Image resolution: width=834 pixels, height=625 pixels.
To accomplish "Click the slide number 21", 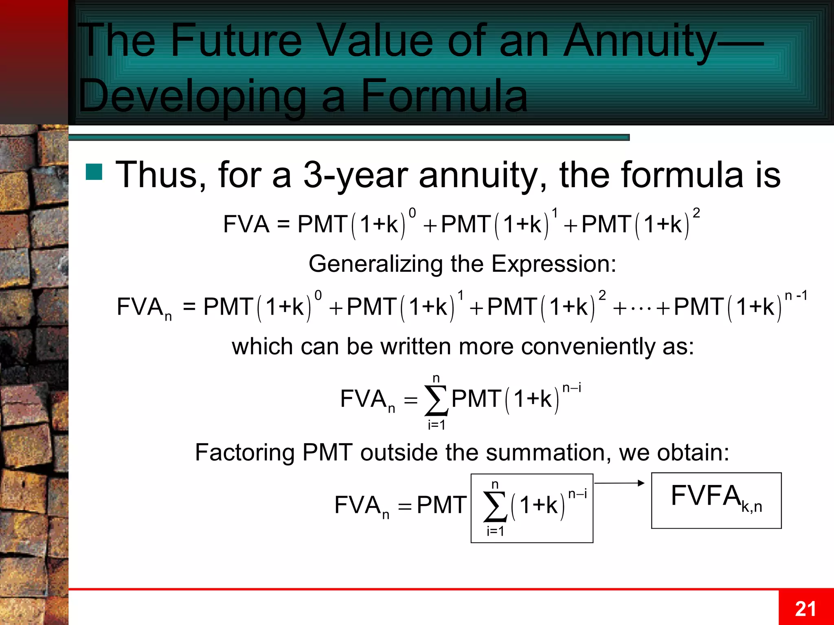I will pyautogui.click(x=805, y=609).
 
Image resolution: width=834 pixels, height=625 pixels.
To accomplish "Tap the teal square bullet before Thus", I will pyautogui.click(x=94, y=172).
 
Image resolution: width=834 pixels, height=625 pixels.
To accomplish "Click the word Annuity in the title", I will pyautogui.click(x=639, y=41).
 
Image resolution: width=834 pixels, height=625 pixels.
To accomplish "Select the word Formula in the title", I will pyautogui.click(x=444, y=96).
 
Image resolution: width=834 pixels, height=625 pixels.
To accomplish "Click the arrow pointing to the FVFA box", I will pyautogui.click(x=619, y=483).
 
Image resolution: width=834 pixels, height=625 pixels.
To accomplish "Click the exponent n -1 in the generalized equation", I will pyautogui.click(x=795, y=296).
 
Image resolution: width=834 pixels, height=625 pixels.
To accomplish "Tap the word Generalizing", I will pyautogui.click(x=375, y=264).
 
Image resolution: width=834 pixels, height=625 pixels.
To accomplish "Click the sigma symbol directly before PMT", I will pyautogui.click(x=436, y=400).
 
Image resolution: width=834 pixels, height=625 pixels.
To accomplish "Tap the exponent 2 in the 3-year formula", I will pyautogui.click(x=696, y=213).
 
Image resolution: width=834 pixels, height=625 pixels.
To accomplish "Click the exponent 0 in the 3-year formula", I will pyautogui.click(x=412, y=213).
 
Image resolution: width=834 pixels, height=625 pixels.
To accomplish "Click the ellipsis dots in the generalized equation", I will pyautogui.click(x=641, y=308).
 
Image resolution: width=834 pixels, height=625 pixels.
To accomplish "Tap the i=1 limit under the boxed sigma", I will pyautogui.click(x=495, y=531).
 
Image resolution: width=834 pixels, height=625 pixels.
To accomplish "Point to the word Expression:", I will pyautogui.click(x=554, y=264).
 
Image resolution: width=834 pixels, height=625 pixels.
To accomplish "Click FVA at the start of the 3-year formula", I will pyautogui.click(x=246, y=224).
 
